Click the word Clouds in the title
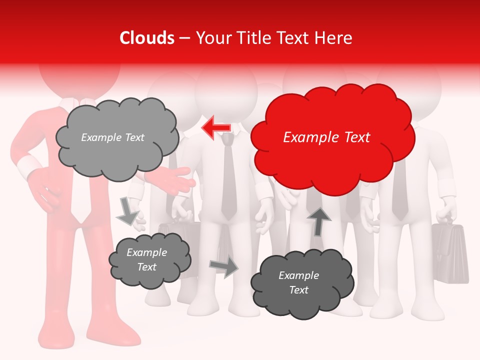tap(147, 38)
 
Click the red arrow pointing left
tap(216, 128)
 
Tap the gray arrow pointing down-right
tap(127, 211)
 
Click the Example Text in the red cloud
tap(326, 137)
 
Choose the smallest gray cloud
tap(149, 259)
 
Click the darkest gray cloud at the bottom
tap(302, 283)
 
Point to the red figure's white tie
tap(79, 200)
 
